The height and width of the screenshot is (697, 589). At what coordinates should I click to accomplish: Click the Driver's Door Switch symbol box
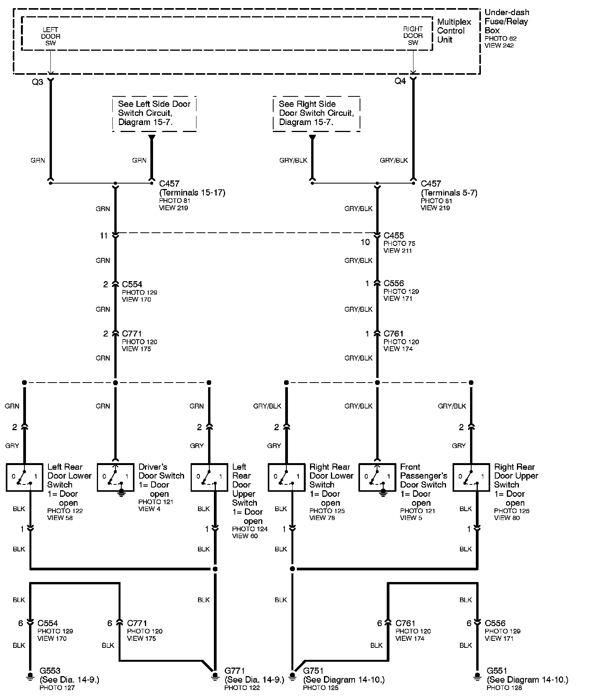(115, 477)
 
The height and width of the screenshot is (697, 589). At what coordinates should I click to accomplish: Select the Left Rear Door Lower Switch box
(24, 477)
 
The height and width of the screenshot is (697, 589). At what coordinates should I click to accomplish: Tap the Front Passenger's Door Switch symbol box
(377, 477)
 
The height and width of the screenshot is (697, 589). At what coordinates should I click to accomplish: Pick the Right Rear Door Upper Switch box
(471, 477)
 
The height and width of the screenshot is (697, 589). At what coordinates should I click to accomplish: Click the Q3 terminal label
(38, 82)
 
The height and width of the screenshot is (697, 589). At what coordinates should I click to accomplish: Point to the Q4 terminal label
(400, 81)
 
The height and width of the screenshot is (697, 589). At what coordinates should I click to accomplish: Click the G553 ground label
(50, 671)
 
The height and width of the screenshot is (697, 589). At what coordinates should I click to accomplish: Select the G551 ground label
(497, 671)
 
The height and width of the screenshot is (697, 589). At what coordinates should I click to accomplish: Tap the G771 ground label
(235, 671)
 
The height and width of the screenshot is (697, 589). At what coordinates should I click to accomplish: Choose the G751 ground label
(313, 671)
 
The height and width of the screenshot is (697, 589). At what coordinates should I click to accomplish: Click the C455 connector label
(394, 235)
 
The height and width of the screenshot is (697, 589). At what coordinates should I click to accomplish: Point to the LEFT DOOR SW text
(51, 36)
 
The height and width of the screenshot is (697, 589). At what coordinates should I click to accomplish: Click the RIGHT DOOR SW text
(413, 36)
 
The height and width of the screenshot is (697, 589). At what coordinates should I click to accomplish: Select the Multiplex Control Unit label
(454, 31)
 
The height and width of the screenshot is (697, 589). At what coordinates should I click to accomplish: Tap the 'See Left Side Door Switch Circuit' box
(154, 113)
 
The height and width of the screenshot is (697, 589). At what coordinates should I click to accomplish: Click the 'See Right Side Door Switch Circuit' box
(316, 113)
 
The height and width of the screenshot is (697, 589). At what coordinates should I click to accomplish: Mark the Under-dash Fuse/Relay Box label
(506, 21)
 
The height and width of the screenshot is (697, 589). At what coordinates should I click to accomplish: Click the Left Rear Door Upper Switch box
(209, 477)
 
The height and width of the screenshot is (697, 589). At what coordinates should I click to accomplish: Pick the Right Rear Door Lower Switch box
(286, 477)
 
